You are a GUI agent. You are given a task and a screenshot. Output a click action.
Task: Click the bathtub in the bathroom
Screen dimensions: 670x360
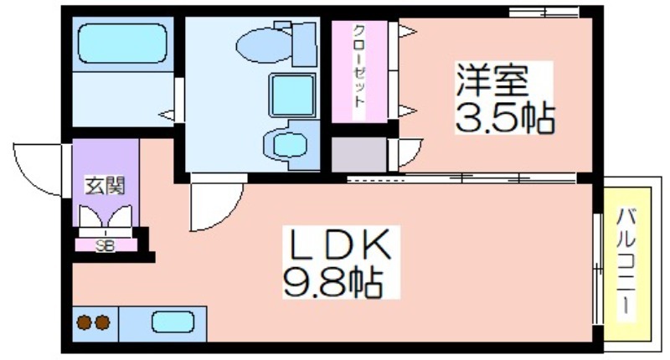coord(122,44)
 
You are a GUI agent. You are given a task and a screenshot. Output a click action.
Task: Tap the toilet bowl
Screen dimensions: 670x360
coord(264,45)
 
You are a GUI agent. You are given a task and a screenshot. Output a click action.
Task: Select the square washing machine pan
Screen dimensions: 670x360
coord(292,95)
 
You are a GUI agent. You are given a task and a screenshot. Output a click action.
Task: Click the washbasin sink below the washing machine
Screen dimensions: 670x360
coord(289,145)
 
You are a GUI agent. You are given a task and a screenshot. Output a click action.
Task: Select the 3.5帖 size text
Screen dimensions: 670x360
coord(505,117)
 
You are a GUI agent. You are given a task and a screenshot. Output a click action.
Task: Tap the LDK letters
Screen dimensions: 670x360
coord(341,244)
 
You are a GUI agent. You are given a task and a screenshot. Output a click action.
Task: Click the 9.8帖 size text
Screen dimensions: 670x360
coord(332,281)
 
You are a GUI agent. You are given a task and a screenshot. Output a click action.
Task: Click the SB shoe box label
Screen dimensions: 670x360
coord(106,245)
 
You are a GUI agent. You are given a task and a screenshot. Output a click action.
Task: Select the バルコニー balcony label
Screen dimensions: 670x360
coord(626,261)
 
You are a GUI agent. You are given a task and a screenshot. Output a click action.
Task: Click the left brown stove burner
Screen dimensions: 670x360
coord(85,322)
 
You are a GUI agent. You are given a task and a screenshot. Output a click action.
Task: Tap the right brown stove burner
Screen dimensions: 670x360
coord(102,322)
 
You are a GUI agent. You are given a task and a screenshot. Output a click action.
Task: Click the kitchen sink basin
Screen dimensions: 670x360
coord(173,322)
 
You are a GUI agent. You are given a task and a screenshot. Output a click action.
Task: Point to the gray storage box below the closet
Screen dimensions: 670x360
coord(359,154)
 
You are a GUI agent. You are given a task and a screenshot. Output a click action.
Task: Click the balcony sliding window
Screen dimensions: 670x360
coord(597,269)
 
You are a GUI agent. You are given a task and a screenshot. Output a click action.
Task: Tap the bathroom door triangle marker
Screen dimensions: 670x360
coord(167,115)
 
